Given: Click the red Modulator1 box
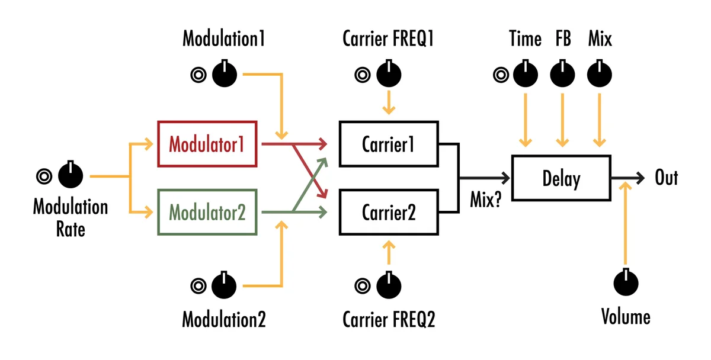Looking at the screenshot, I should click(x=207, y=144).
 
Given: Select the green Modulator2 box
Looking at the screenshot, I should click(x=207, y=212).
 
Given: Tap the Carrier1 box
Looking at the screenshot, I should click(x=388, y=144).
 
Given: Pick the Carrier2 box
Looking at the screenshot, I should click(x=388, y=212).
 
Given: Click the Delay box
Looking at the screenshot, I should click(x=561, y=178).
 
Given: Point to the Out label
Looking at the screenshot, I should click(x=666, y=178).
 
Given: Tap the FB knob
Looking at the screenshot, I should click(x=562, y=74).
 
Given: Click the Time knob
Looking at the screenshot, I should click(x=524, y=74).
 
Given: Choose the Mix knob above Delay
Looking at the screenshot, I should click(x=600, y=74).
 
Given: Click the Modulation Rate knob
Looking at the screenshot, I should click(x=71, y=175).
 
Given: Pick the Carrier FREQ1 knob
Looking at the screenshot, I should click(x=389, y=74).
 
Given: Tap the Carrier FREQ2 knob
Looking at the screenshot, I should click(x=389, y=285).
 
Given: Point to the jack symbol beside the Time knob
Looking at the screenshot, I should click(x=501, y=75).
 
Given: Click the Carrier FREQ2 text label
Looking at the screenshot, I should click(x=389, y=320).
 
